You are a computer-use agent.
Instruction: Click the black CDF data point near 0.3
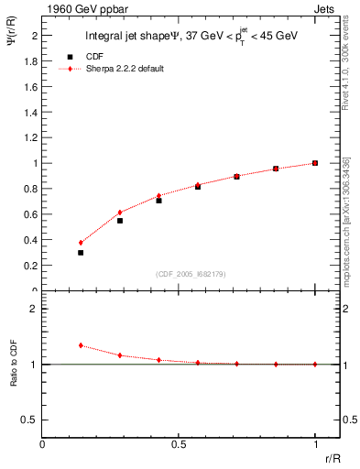tap(81, 253)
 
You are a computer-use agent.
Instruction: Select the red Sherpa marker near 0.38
tap(81, 243)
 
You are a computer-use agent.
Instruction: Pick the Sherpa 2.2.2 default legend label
tap(125, 69)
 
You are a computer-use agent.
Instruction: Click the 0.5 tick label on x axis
tap(179, 444)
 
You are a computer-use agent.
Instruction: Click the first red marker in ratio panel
tap(81, 345)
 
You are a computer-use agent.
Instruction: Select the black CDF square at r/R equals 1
tap(314, 163)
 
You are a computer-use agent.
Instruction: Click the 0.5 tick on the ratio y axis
tap(31, 420)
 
